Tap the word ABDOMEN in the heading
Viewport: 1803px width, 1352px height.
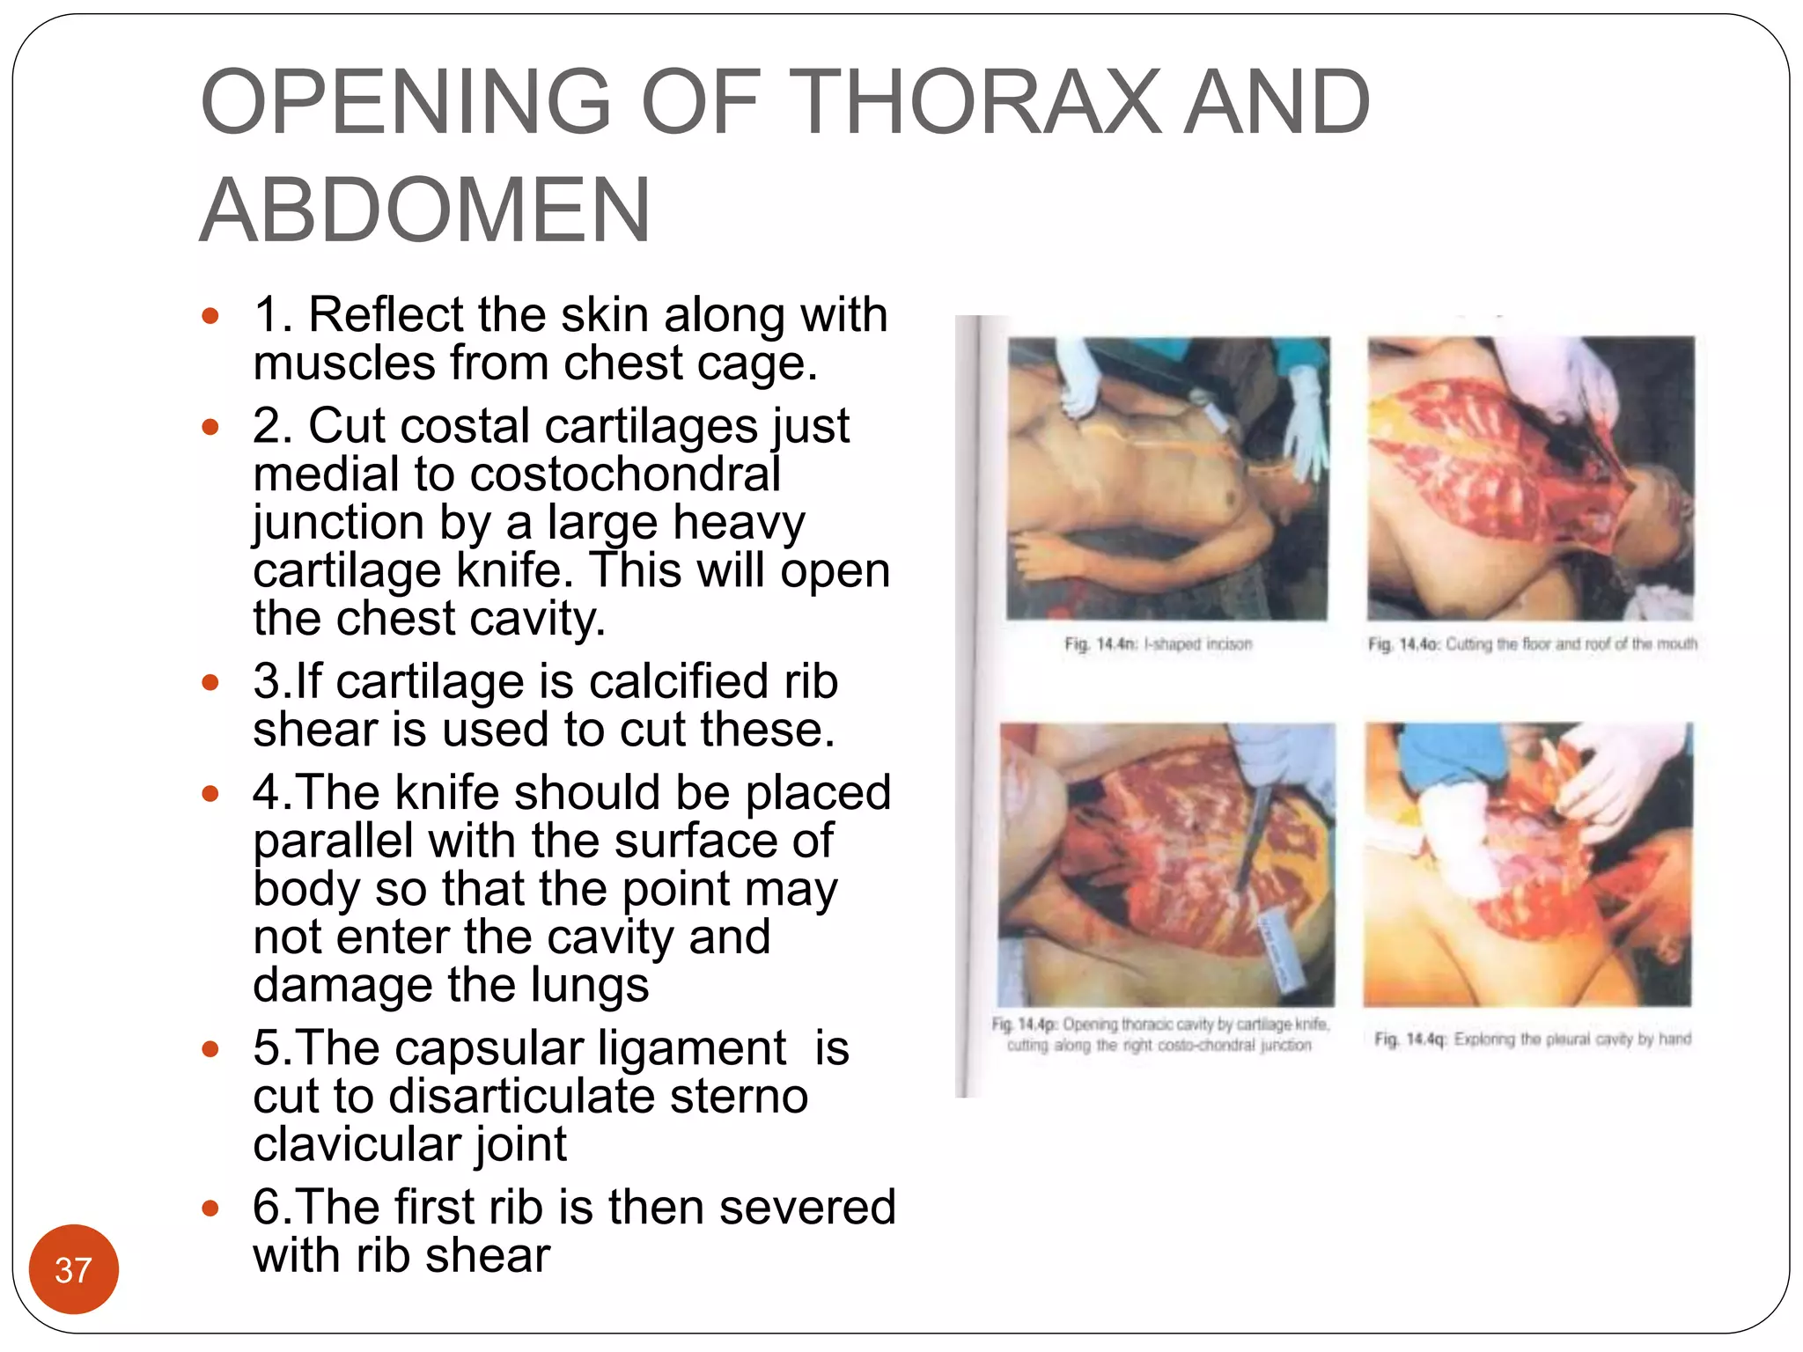[x=425, y=211]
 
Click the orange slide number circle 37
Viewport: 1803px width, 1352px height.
[x=73, y=1269]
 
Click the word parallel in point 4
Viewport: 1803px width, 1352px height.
[x=333, y=841]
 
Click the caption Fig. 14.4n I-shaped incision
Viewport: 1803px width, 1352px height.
[x=1158, y=644]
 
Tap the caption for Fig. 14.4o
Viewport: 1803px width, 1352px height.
[x=1532, y=644]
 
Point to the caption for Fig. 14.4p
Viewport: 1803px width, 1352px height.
[x=1159, y=1035]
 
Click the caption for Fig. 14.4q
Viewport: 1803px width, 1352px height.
[x=1532, y=1040]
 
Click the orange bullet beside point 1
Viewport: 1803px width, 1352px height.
[x=210, y=316]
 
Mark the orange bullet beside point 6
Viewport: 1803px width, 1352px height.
[x=210, y=1209]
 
